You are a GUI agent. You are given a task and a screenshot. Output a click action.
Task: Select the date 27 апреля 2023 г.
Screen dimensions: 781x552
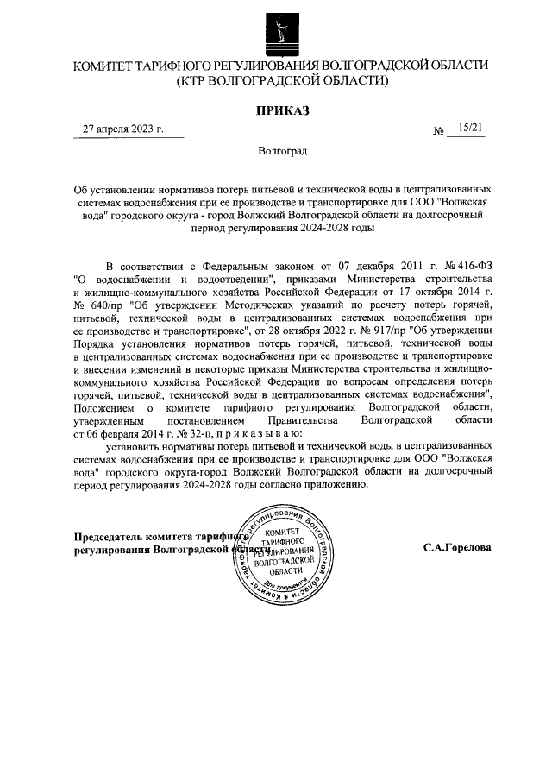(x=116, y=129)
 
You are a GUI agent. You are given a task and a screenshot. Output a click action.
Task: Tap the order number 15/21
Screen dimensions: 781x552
(x=471, y=129)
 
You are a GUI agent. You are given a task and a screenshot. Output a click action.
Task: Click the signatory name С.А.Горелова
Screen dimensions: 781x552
(x=457, y=547)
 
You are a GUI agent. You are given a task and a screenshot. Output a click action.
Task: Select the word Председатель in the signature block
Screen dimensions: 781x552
(x=111, y=536)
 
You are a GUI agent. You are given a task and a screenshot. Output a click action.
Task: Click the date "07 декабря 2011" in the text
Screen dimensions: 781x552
(x=367, y=265)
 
